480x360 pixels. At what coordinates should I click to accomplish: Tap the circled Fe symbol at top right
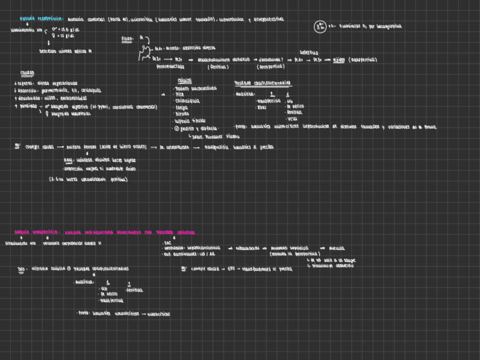320,26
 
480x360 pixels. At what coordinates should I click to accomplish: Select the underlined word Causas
27,73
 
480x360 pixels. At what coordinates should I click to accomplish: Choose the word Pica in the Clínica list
181,95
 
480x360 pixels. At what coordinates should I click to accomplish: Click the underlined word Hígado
338,59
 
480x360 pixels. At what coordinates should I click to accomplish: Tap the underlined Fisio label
127,39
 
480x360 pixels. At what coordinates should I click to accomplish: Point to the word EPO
231,269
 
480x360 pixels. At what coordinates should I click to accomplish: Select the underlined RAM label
68,160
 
